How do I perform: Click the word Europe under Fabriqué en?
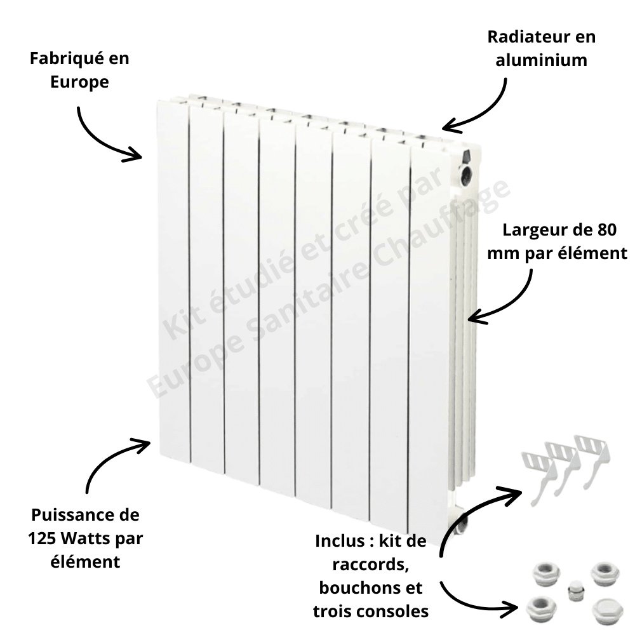pyautogui.click(x=79, y=82)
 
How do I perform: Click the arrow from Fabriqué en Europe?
pyautogui.click(x=102, y=137)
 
